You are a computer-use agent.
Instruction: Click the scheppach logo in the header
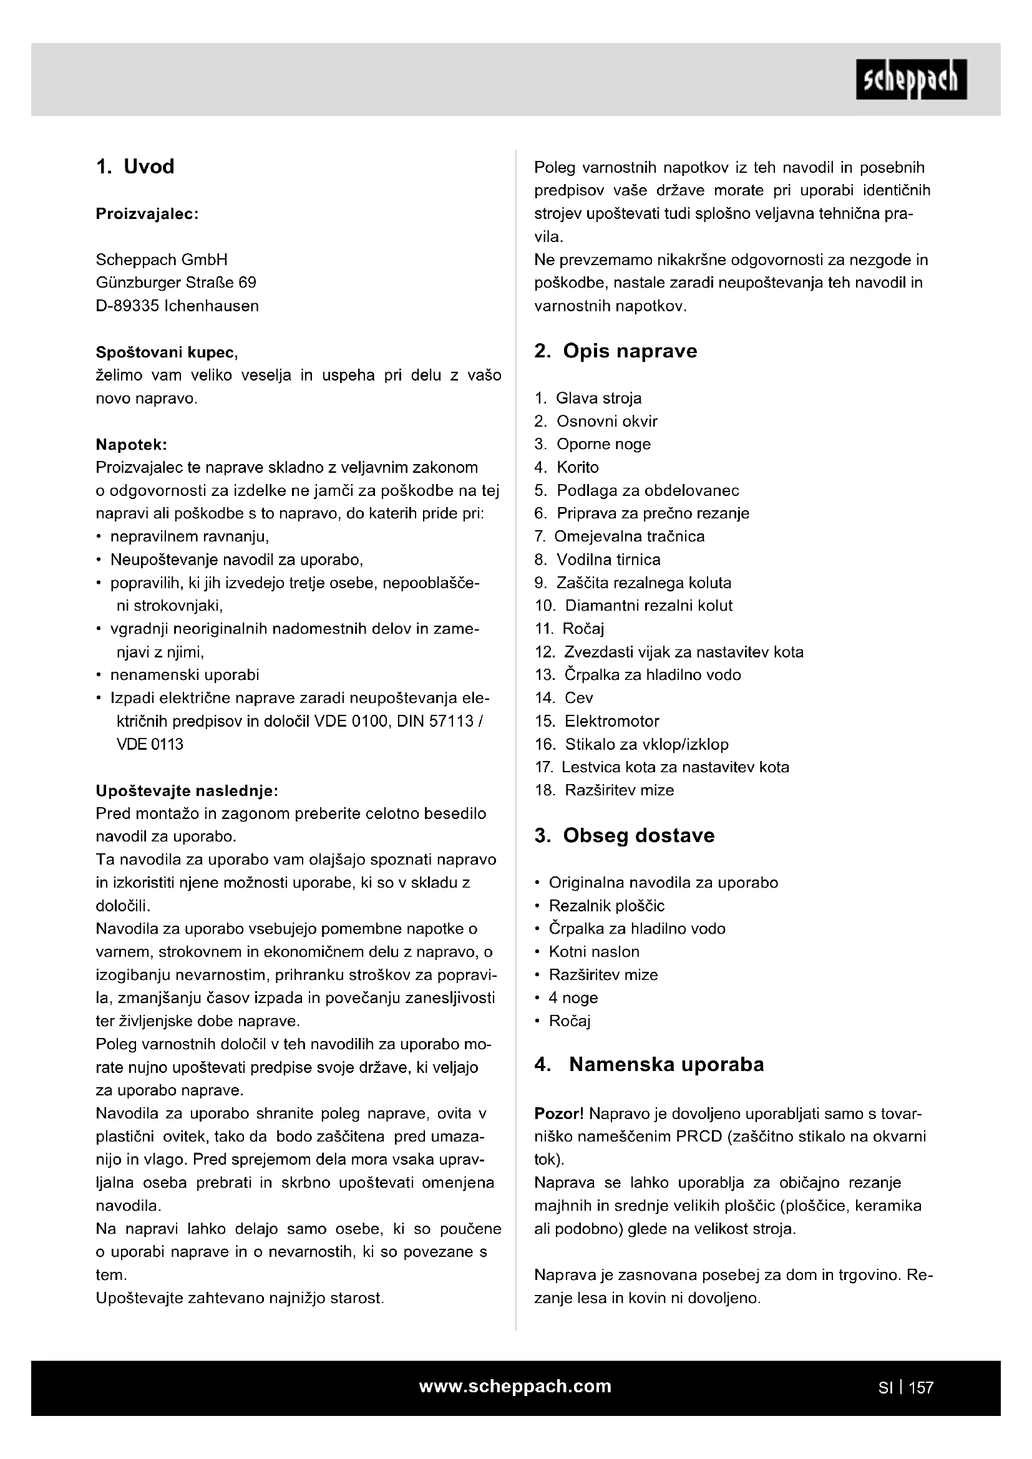click(911, 80)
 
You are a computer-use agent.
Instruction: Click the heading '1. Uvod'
click(135, 167)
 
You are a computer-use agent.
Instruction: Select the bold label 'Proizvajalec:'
click(147, 214)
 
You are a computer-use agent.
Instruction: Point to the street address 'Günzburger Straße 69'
click(176, 282)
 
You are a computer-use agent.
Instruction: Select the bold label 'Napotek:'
click(131, 444)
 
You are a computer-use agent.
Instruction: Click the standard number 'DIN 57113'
click(433, 721)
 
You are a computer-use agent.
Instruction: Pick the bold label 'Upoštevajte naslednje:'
click(187, 790)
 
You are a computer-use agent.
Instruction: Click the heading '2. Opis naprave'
click(615, 351)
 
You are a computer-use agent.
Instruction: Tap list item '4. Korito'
click(566, 467)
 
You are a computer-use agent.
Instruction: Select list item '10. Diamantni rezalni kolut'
click(633, 606)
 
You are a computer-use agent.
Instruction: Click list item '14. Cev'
click(563, 698)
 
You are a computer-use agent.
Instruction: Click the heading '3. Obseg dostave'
click(624, 835)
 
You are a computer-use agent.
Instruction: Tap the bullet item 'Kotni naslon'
click(594, 951)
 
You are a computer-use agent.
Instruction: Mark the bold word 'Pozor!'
click(558, 1113)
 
